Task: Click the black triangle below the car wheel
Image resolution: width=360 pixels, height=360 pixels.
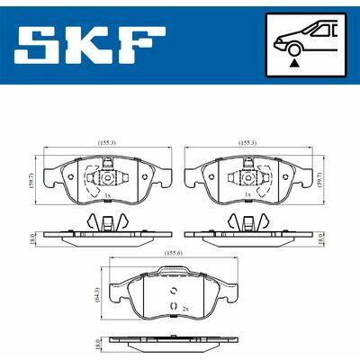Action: click(295, 63)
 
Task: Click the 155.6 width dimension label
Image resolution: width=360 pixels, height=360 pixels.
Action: click(174, 254)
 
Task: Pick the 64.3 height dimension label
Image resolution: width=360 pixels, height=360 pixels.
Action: click(96, 293)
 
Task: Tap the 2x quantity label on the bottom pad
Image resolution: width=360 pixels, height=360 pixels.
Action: click(185, 308)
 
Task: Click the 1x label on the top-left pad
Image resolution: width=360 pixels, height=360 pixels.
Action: click(108, 195)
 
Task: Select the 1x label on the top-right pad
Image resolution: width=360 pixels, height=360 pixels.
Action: click(247, 194)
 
